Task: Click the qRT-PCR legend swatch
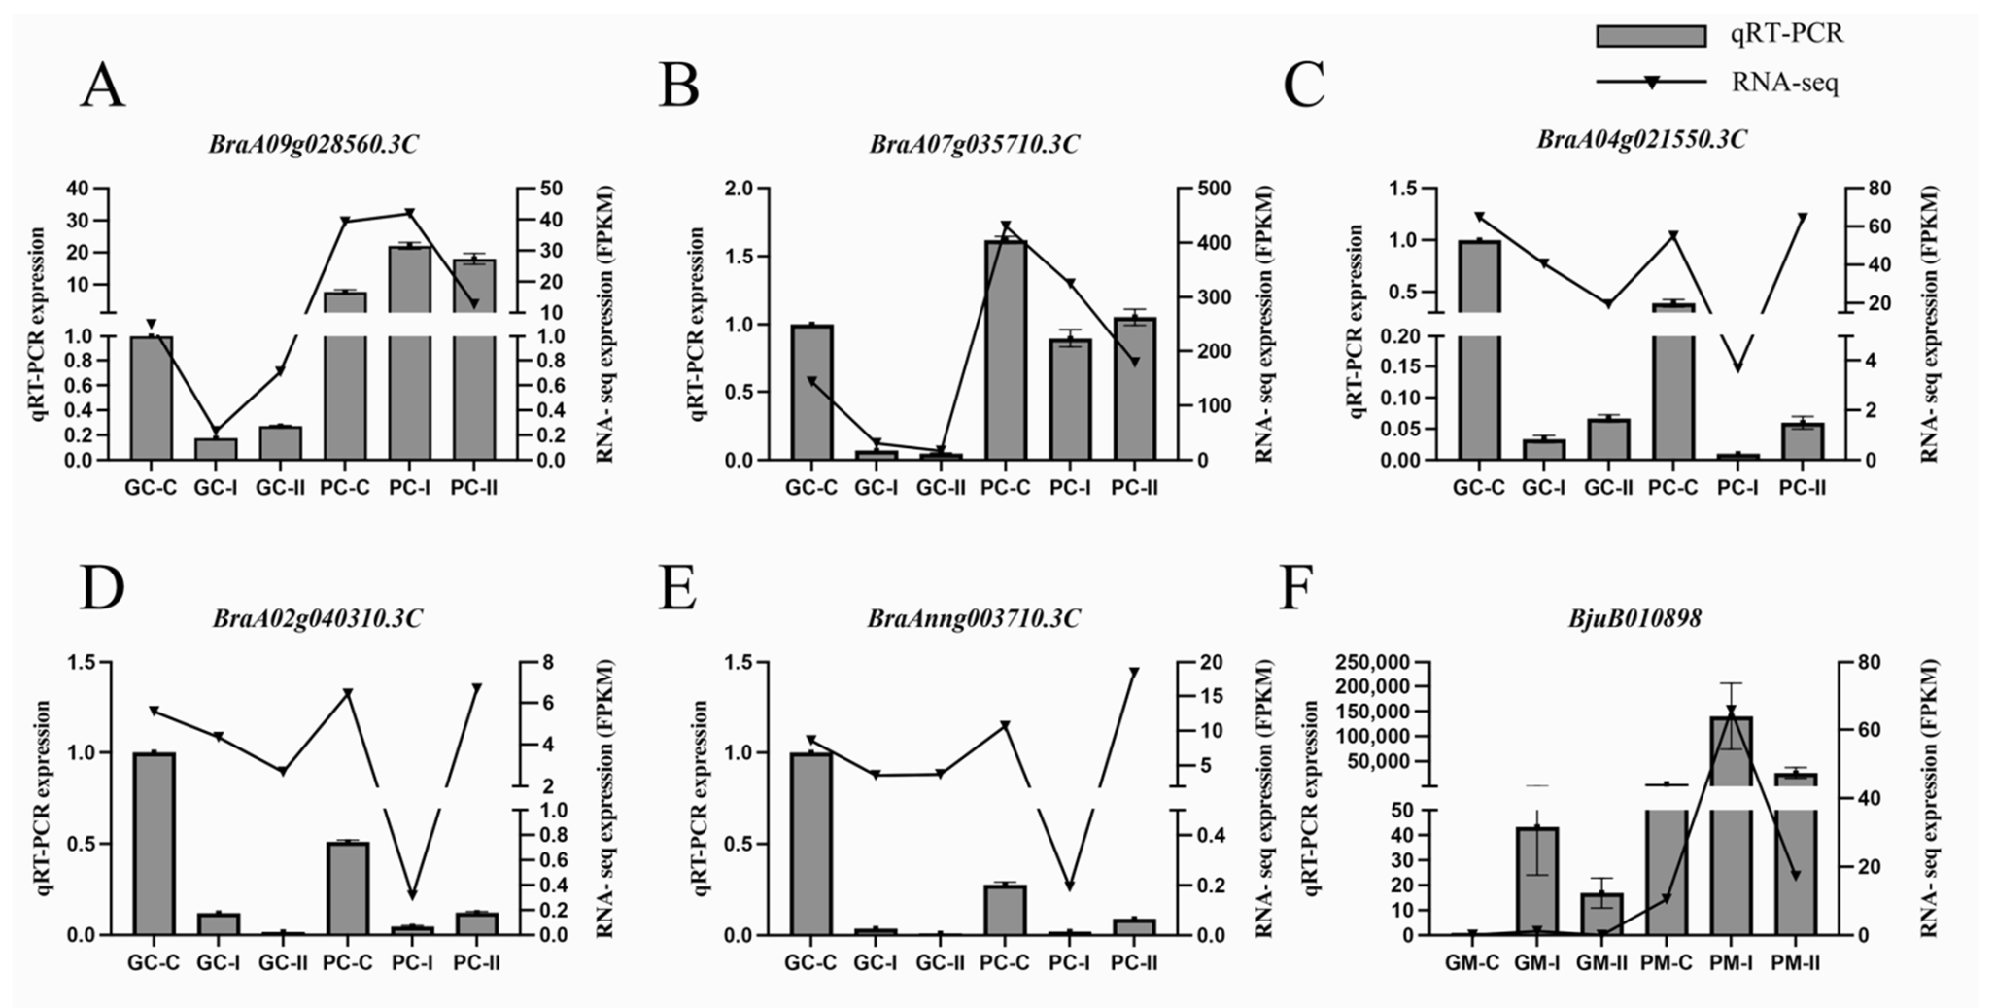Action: click(1650, 36)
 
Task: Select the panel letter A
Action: click(102, 86)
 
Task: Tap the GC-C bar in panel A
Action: click(152, 399)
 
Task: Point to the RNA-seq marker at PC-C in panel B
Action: click(1006, 226)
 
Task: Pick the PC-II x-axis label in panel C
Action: click(1803, 488)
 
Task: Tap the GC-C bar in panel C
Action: click(1479, 350)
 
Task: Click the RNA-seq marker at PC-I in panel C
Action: click(1738, 367)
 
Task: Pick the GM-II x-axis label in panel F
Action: click(1600, 963)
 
